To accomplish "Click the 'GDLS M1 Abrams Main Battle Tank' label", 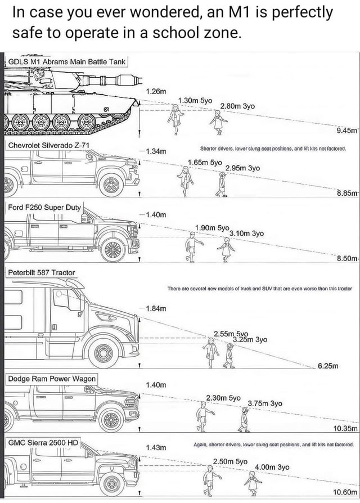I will click(x=67, y=61).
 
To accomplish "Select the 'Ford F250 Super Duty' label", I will click(x=44, y=207).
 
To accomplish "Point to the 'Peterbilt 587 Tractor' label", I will click(x=41, y=272).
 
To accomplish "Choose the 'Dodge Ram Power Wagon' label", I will click(x=52, y=379).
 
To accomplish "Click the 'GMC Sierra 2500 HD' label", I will click(x=43, y=442).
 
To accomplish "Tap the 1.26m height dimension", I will click(x=156, y=91).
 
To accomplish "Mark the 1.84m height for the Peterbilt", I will click(x=156, y=308).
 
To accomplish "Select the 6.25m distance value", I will click(x=328, y=366).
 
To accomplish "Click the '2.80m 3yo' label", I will click(x=237, y=106).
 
